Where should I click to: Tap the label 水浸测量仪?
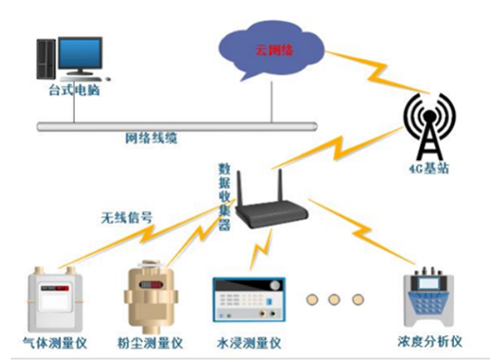point(250,342)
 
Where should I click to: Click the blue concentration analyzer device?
point(430,299)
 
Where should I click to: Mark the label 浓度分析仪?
point(431,342)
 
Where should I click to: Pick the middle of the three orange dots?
point(336,297)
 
